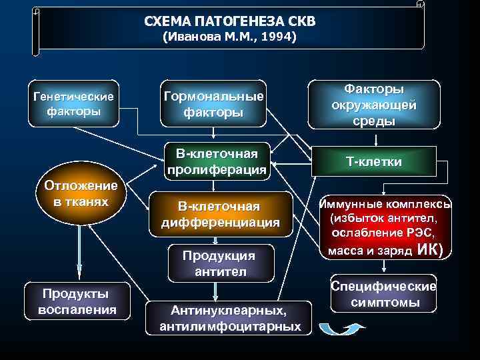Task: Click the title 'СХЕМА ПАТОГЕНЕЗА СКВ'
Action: click(230, 21)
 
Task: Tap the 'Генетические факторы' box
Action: click(74, 103)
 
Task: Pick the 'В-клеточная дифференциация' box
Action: click(221, 214)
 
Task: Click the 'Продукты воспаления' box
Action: click(78, 301)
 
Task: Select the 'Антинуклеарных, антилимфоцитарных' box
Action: click(230, 318)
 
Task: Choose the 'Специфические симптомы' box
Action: click(385, 295)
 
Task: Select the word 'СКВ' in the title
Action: click(301, 21)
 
